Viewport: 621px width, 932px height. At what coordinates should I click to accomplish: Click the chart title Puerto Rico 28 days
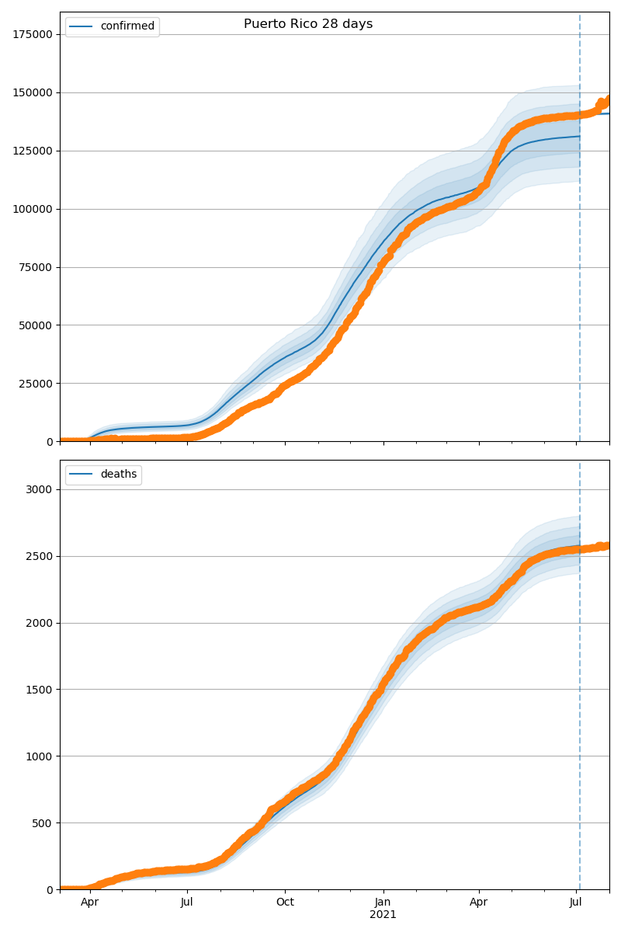click(x=308, y=24)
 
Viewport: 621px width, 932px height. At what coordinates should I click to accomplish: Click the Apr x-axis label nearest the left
click(x=90, y=902)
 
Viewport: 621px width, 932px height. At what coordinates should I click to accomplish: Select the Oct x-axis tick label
click(x=285, y=902)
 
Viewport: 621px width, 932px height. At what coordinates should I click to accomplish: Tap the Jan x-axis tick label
click(x=383, y=902)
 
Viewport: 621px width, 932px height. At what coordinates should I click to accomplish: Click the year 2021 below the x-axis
click(x=383, y=914)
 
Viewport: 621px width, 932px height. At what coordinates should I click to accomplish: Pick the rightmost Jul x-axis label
click(x=576, y=902)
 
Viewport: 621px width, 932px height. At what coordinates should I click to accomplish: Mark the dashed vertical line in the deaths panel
click(x=580, y=699)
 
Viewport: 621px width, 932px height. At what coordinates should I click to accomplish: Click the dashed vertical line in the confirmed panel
click(x=580, y=233)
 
